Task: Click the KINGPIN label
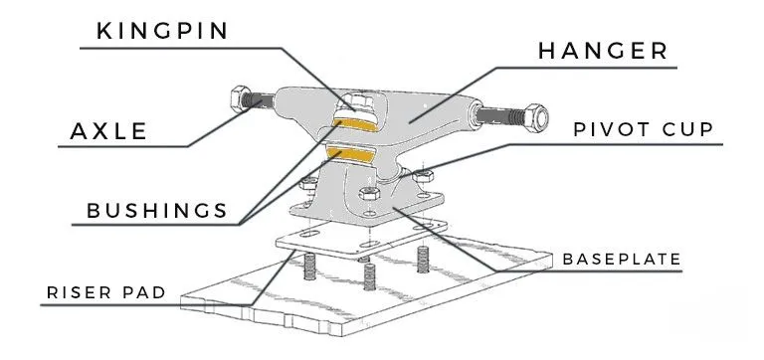pos(162,31)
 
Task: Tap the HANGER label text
pos(603,51)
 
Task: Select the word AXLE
pos(108,131)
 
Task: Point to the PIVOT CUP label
pos(644,129)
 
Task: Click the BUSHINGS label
pos(157,211)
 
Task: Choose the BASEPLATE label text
pos(621,260)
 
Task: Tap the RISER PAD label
pos(106,292)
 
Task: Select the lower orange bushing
pos(350,154)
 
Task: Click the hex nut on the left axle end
pos(240,98)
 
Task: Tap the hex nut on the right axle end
pos(535,118)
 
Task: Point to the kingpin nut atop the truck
pos(359,102)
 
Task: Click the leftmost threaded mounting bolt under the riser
pos(309,267)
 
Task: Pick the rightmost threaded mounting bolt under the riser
pos(423,260)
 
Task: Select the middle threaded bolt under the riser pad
pos(369,276)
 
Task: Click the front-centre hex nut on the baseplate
pos(369,193)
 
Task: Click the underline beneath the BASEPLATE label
pos(590,270)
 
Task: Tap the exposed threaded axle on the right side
pos(500,115)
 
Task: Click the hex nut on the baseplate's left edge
pos(308,184)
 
